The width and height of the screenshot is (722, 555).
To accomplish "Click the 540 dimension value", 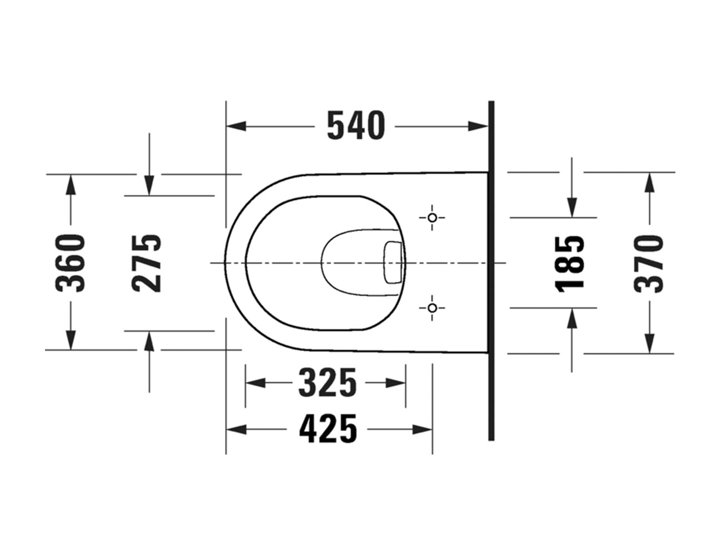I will click(x=355, y=126).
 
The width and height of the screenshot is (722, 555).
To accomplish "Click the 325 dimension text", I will click(x=327, y=383).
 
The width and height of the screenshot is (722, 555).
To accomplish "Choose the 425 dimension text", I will click(x=328, y=429).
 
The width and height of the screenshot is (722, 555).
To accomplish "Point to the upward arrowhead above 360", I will click(x=70, y=184).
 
